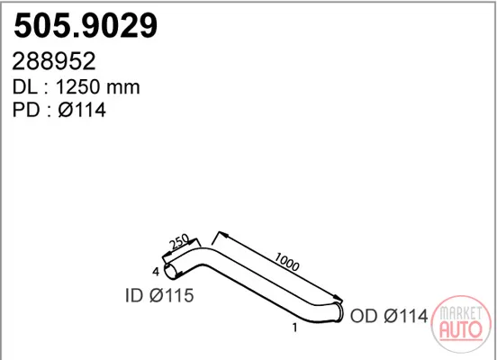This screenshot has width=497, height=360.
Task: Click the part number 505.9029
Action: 86,25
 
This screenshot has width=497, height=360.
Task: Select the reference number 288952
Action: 53,61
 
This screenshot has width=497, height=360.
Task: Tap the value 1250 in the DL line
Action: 77,86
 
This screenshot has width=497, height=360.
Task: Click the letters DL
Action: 24,86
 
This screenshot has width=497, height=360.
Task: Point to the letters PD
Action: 25,110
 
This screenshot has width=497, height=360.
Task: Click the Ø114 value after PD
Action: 82,110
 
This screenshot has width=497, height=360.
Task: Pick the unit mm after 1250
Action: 123,88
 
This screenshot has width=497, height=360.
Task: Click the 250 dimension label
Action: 179,242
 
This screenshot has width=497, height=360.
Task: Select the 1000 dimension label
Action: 286,262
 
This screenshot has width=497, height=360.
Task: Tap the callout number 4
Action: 156,272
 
